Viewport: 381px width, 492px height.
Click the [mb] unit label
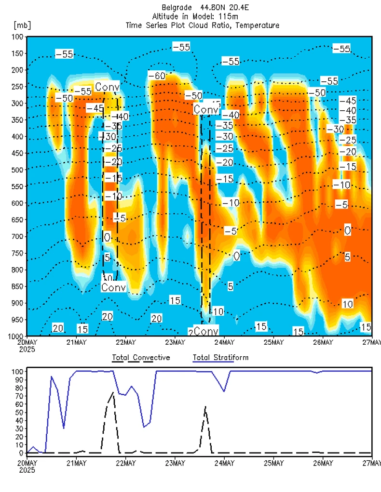pyautogui.click(x=22, y=25)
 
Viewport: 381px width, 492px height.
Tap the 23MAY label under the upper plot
pyautogui.click(x=175, y=343)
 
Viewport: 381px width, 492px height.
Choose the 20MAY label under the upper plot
pyautogui.click(x=27, y=343)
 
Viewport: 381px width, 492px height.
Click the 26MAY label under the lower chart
pyautogui.click(x=323, y=464)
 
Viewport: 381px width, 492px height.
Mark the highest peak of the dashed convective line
pyautogui.click(x=113, y=392)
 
